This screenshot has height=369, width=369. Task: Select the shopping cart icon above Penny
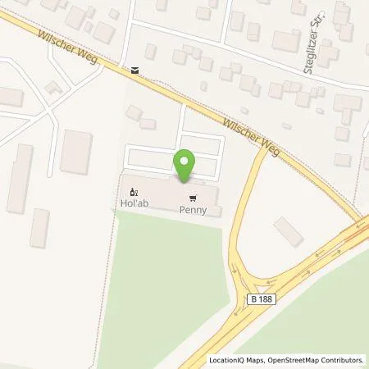193,198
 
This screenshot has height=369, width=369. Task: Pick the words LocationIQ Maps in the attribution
236,360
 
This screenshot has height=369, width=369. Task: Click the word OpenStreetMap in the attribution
294,360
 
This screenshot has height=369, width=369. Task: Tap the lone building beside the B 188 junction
289,232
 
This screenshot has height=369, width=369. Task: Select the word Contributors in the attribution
344,360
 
